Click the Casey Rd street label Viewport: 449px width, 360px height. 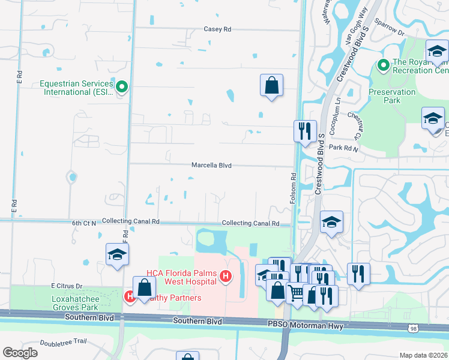[x=217, y=29]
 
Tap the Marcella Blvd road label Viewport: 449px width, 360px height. [x=211, y=165]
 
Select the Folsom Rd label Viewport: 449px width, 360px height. [x=294, y=188]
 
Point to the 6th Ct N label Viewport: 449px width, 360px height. [x=84, y=223]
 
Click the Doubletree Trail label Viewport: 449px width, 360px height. [x=63, y=342]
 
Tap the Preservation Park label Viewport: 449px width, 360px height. [x=392, y=96]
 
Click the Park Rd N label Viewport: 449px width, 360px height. [x=343, y=148]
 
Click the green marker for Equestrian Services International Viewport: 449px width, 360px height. [x=122, y=88]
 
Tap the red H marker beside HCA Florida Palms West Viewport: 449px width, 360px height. [x=226, y=277]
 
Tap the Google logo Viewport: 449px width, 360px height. [x=20, y=353]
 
